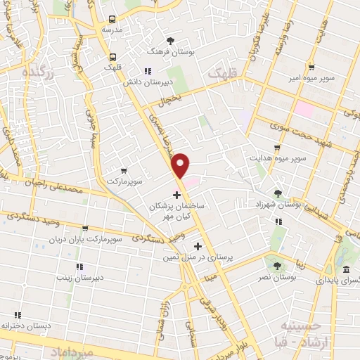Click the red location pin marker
coord(181,165)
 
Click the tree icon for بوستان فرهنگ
coord(171,40)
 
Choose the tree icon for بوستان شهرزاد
coord(278,193)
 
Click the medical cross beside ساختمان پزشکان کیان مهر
coord(176,193)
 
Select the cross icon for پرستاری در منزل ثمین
coord(198,246)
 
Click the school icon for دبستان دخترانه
coord(18,315)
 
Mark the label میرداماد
coord(67,349)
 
